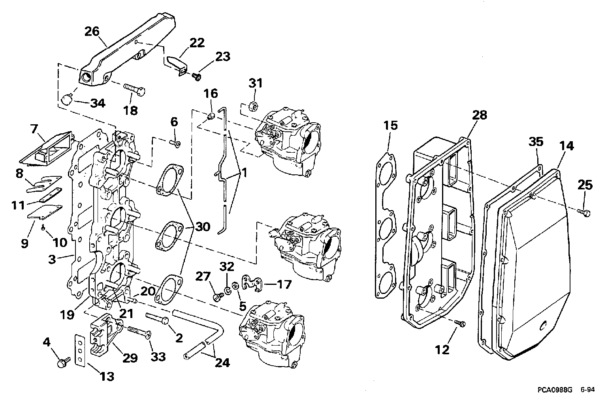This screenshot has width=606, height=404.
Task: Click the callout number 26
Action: [x=92, y=31]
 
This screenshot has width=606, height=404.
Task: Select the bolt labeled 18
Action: [x=134, y=90]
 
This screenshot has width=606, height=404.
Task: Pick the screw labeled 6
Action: [x=175, y=144]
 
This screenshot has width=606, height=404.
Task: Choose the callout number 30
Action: [x=203, y=227]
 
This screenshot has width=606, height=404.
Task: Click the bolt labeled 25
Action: [x=584, y=213]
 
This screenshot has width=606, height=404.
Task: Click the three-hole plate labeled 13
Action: [x=79, y=351]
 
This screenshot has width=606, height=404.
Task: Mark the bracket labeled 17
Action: [x=252, y=282]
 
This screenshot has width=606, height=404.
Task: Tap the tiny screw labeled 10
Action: [x=43, y=228]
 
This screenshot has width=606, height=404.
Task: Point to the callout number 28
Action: [x=480, y=115]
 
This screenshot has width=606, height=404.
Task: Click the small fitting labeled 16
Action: [x=211, y=116]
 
